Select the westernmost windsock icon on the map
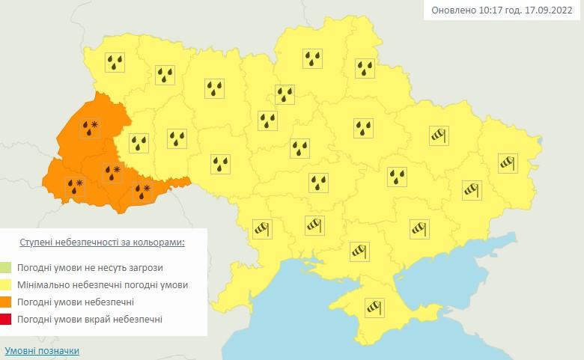pyautogui.click(x=261, y=229)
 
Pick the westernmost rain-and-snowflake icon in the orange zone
pyautogui.click(x=75, y=186)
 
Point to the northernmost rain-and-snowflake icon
pyautogui.click(x=91, y=129)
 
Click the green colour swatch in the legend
pyautogui.click(x=7, y=267)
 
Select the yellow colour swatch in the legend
pyautogui.click(x=7, y=285)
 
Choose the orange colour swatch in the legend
pyautogui.click(x=7, y=302)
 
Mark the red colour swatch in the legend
pyautogui.click(x=7, y=320)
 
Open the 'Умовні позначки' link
pyautogui.click(x=41, y=350)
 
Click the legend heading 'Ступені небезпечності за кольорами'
pyautogui.click(x=101, y=242)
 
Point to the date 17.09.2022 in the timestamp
pyautogui.click(x=551, y=10)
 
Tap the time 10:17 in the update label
pyautogui.click(x=488, y=10)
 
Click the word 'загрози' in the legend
pyautogui.click(x=145, y=267)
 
